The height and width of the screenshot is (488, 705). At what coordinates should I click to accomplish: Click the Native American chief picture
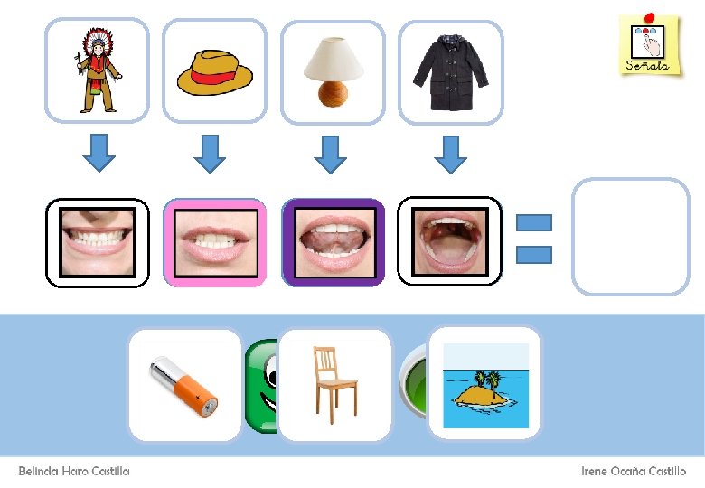click(97, 70)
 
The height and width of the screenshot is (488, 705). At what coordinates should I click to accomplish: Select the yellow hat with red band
click(214, 70)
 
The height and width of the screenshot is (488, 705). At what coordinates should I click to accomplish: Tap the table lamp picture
click(333, 70)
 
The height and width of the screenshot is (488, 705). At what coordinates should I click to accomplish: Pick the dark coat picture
click(450, 70)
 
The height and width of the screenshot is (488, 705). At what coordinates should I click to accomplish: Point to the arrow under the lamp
click(331, 154)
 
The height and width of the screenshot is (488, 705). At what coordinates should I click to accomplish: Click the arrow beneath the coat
click(450, 154)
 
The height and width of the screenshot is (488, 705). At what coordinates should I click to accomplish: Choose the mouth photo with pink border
click(214, 242)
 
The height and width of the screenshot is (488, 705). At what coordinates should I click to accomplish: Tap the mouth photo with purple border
click(333, 242)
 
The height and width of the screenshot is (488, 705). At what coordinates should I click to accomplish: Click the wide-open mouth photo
click(449, 242)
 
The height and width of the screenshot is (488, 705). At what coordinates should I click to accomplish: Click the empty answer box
click(630, 236)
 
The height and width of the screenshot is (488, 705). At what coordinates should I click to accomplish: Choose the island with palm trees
click(484, 384)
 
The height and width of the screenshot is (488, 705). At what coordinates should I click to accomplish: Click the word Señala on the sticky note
click(647, 65)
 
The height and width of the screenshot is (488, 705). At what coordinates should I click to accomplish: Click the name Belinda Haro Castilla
click(74, 471)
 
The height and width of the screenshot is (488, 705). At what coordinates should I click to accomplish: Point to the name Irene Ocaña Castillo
click(633, 471)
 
